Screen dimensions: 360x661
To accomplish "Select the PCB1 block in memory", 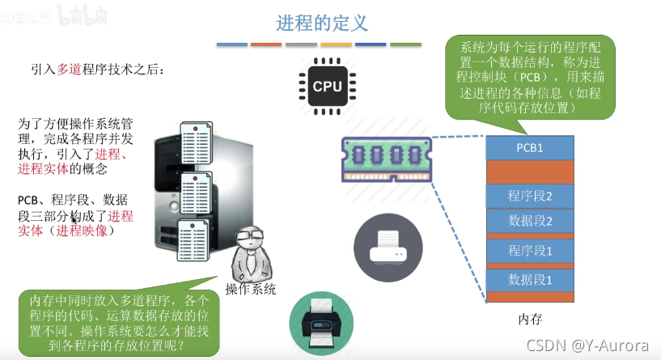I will pos(529,148).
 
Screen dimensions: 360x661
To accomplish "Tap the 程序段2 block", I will pos(529,196).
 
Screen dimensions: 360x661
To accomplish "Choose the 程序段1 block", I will pos(529,251).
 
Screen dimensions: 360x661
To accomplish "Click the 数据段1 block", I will pos(529,280).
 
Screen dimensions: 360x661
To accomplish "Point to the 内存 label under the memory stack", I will pos(530,319).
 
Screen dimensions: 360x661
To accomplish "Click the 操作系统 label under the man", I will pos(250,289).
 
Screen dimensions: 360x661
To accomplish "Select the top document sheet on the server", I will pos(197,145).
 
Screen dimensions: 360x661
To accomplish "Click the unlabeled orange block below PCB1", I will pos(529,172).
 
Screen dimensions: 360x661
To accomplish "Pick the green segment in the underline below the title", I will pos(405,44).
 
